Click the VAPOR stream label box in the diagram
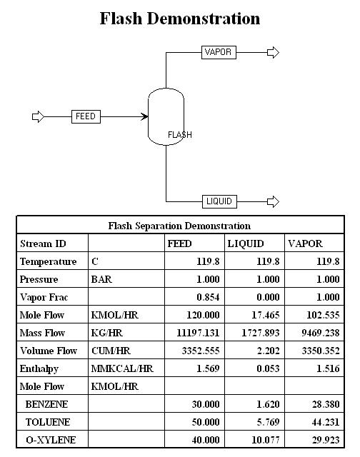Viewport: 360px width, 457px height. tap(219, 52)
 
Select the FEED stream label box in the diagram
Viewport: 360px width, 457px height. tap(86, 116)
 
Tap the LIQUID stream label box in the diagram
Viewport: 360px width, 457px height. tap(219, 201)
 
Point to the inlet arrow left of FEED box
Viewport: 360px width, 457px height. tap(38, 116)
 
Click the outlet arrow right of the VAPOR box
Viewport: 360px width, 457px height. tap(273, 52)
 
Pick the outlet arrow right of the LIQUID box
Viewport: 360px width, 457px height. tap(273, 201)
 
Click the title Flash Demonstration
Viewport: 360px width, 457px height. tap(180, 19)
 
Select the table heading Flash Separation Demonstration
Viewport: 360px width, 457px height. tap(179, 226)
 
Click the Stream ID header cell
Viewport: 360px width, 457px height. tap(43, 243)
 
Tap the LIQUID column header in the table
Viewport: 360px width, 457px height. tap(246, 243)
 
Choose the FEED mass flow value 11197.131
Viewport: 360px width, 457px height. tap(198, 333)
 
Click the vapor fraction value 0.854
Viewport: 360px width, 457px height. tap(208, 297)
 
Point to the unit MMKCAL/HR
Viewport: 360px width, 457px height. tap(122, 368)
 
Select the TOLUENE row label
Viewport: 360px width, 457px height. tap(48, 422)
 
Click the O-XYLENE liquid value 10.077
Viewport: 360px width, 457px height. tap(266, 440)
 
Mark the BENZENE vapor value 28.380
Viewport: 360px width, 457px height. tap(326, 404)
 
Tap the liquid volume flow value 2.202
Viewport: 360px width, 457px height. tap(268, 351)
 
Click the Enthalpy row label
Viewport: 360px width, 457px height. tap(39, 369)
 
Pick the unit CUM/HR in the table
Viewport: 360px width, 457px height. tap(111, 351)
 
